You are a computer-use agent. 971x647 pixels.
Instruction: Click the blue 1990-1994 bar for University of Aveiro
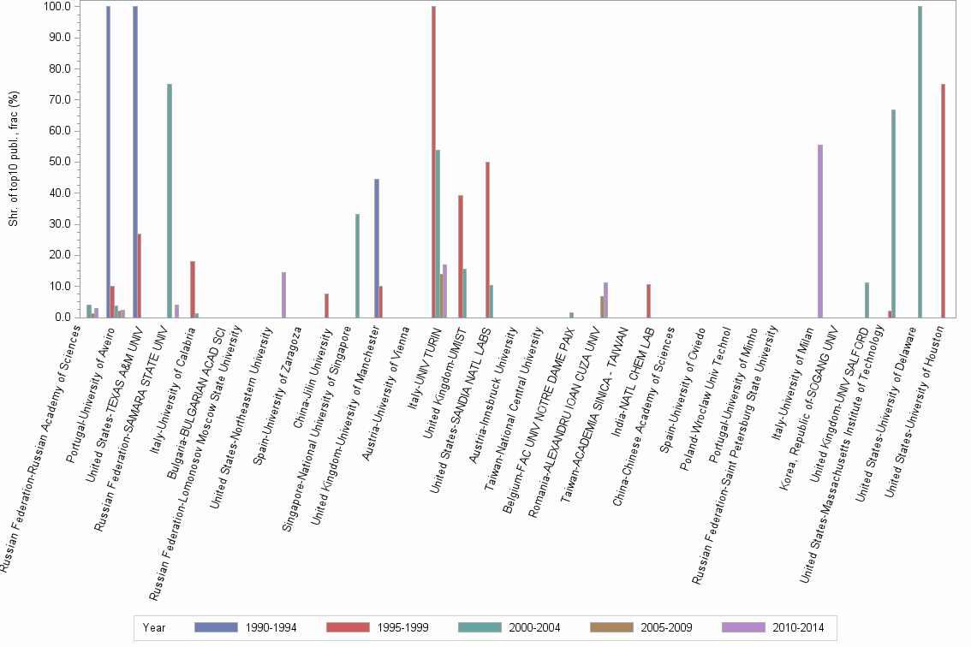108,162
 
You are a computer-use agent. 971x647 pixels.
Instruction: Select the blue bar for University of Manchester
377,248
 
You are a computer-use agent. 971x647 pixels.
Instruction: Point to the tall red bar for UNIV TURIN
433,162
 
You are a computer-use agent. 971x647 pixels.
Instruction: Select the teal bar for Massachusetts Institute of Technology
893,213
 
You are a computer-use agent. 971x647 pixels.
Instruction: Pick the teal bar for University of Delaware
920,162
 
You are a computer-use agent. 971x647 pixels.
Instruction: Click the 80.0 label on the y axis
61,68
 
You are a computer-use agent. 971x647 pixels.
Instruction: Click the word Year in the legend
155,627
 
